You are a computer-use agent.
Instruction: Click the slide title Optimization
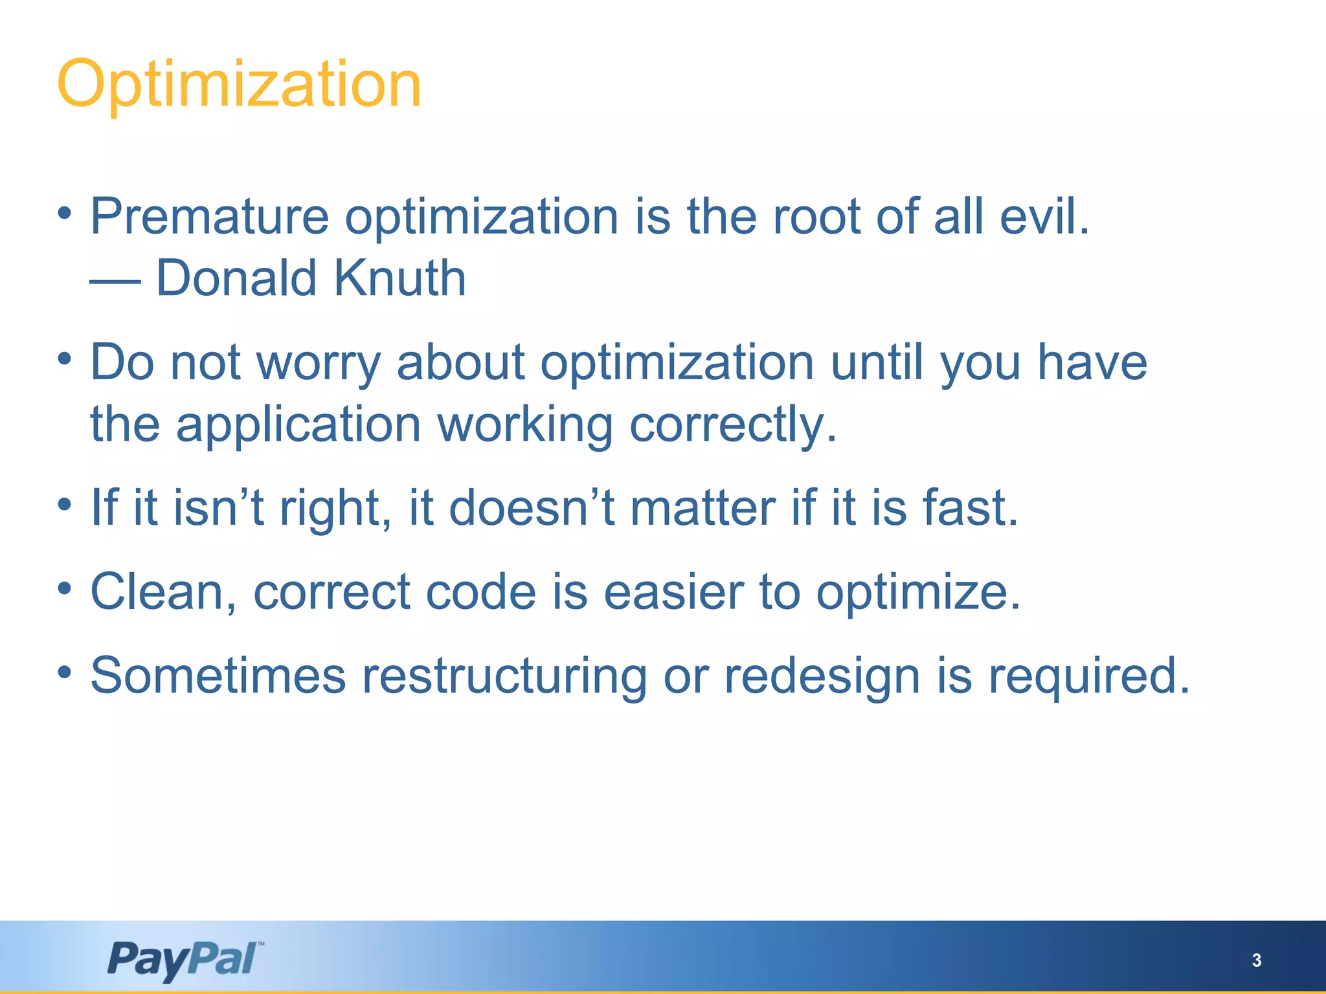(239, 85)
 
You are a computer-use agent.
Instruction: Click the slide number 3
(1256, 960)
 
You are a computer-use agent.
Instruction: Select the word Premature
(209, 217)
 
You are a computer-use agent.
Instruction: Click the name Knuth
(399, 278)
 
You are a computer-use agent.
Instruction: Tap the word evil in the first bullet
(1044, 216)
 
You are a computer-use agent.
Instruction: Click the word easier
(673, 591)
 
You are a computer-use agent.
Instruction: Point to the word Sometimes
(218, 676)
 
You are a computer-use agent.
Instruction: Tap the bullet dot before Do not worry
(64, 359)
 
